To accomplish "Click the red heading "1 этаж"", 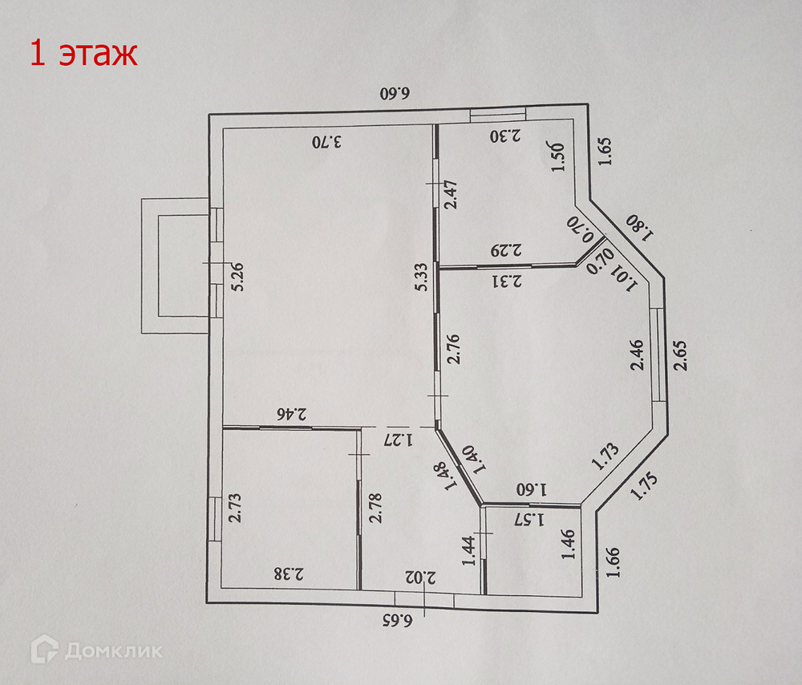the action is point(83,54).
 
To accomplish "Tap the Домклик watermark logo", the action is point(96,649).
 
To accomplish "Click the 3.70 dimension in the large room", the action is point(327,143).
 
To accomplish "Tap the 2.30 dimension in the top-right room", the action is point(506,136).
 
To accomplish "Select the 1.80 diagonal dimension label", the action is point(640,227).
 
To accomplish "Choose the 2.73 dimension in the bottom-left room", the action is point(236,508).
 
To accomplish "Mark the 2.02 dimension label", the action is point(420,577).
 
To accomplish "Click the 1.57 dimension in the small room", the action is point(529,518).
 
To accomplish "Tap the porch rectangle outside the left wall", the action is point(175,265).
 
